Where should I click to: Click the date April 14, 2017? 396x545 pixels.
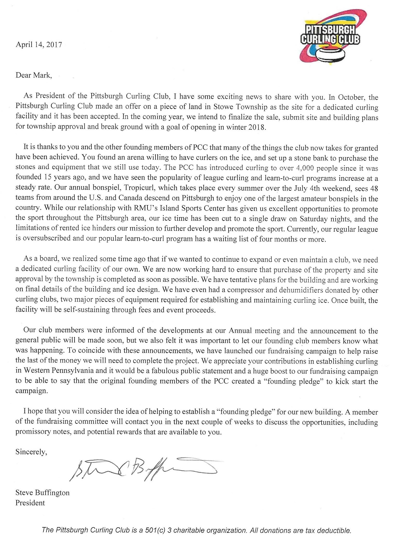[x=39, y=45]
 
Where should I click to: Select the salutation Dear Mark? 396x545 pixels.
[x=33, y=76]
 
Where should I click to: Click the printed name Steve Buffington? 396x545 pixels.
[x=43, y=493]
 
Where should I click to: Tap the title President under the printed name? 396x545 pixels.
[x=30, y=503]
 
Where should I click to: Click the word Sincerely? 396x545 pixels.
[x=31, y=452]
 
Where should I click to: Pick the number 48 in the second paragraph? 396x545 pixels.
[x=373, y=188]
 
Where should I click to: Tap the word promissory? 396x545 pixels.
[x=34, y=432]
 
